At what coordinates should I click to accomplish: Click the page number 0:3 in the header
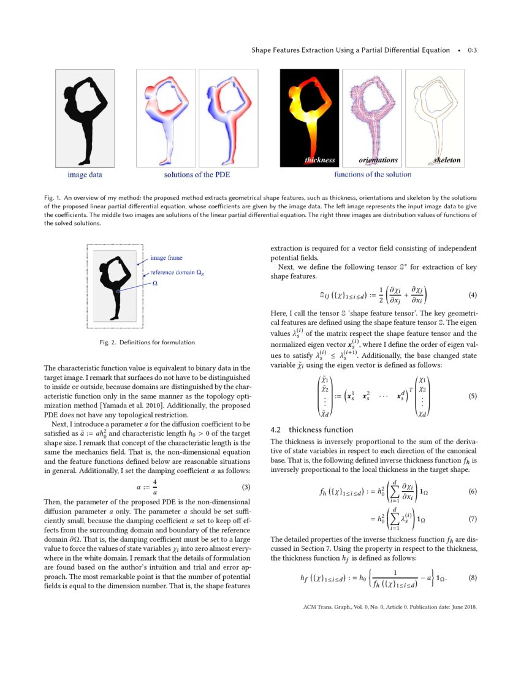pos(472,50)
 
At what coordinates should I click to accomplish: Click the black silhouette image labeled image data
pos(85,117)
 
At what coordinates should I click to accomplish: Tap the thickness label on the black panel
pos(320,161)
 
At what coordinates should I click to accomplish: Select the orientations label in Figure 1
pos(378,161)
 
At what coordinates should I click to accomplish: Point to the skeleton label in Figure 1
pos(447,161)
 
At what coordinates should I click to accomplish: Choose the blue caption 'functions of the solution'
pos(373,175)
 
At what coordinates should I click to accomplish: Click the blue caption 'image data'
pos(85,175)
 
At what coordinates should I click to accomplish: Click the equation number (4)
pos(472,295)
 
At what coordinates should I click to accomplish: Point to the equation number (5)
pos(472,396)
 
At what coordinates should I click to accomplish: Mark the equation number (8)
pos(472,578)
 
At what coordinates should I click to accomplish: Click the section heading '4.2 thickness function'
pos(311,430)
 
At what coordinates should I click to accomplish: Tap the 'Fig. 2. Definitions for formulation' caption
pos(147,342)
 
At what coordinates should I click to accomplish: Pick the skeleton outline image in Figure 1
pos(435,117)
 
